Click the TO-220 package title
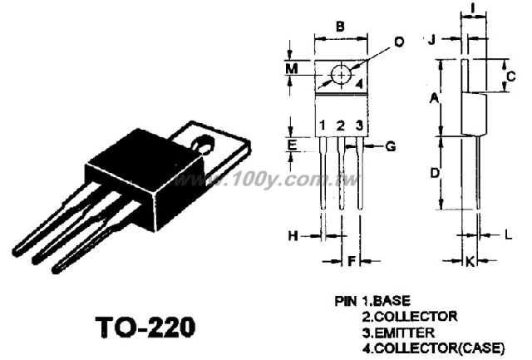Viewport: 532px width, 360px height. (145, 327)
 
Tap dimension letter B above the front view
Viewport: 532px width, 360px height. (340, 26)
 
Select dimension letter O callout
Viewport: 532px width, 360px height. (399, 42)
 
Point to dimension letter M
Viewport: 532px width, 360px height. (292, 69)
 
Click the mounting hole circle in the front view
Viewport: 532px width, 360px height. (342, 75)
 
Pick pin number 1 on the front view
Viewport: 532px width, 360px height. (323, 126)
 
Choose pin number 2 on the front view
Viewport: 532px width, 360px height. (341, 126)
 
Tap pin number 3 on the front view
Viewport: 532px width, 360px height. (359, 126)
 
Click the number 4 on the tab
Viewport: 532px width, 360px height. (359, 83)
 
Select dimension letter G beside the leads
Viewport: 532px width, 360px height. (391, 146)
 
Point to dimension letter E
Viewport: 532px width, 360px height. (292, 145)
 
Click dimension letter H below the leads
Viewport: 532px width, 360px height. (293, 235)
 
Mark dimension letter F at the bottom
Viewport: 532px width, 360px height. (352, 261)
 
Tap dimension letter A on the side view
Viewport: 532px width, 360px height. (434, 98)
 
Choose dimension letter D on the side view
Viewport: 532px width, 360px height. (435, 173)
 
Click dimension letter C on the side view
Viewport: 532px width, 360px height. (510, 76)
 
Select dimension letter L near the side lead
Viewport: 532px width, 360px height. (508, 234)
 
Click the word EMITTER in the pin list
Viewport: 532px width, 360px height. (405, 333)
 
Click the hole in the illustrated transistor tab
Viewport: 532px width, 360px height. (204, 144)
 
